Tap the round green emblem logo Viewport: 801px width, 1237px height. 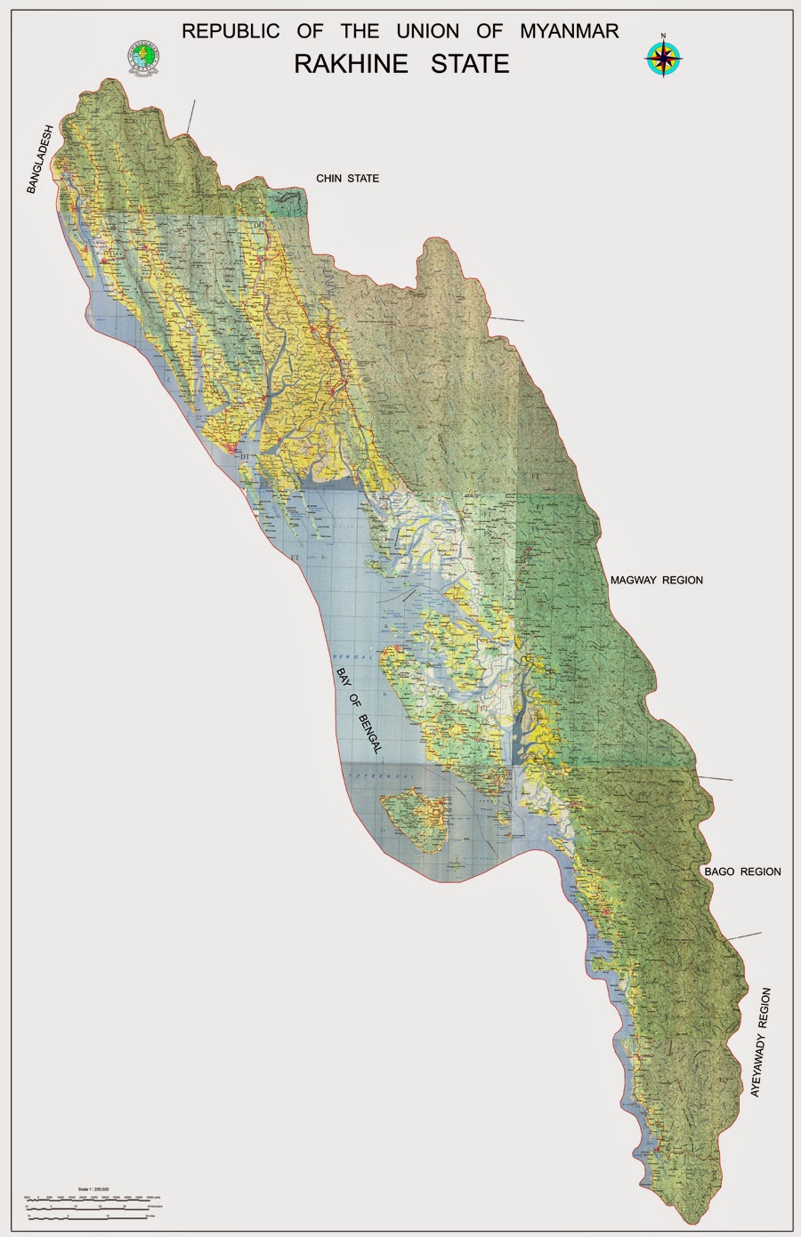coord(142,55)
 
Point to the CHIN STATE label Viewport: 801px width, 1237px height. coord(347,179)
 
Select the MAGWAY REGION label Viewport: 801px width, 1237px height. coord(656,581)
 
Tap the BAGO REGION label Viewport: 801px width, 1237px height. coord(741,872)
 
